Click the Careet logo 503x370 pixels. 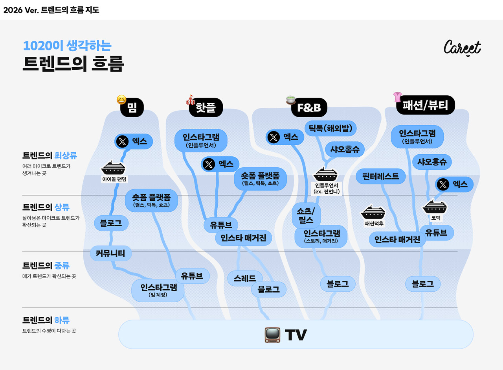462,48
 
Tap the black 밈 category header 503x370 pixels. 132,107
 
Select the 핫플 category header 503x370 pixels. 206,107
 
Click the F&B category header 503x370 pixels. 309,107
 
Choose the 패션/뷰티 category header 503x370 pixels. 425,105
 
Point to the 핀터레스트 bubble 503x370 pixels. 380,176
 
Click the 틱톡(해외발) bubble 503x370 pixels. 330,128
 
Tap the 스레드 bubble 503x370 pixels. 245,278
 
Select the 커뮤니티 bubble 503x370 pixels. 110,253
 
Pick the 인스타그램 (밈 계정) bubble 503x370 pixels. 158,290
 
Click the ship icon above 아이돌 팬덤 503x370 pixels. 113,168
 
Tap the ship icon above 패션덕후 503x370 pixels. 373,212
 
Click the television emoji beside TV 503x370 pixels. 272,335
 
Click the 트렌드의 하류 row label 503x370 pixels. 46,320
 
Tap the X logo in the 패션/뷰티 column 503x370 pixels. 443,184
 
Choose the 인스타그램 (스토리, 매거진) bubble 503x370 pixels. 321,237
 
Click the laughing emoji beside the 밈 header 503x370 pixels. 121,100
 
